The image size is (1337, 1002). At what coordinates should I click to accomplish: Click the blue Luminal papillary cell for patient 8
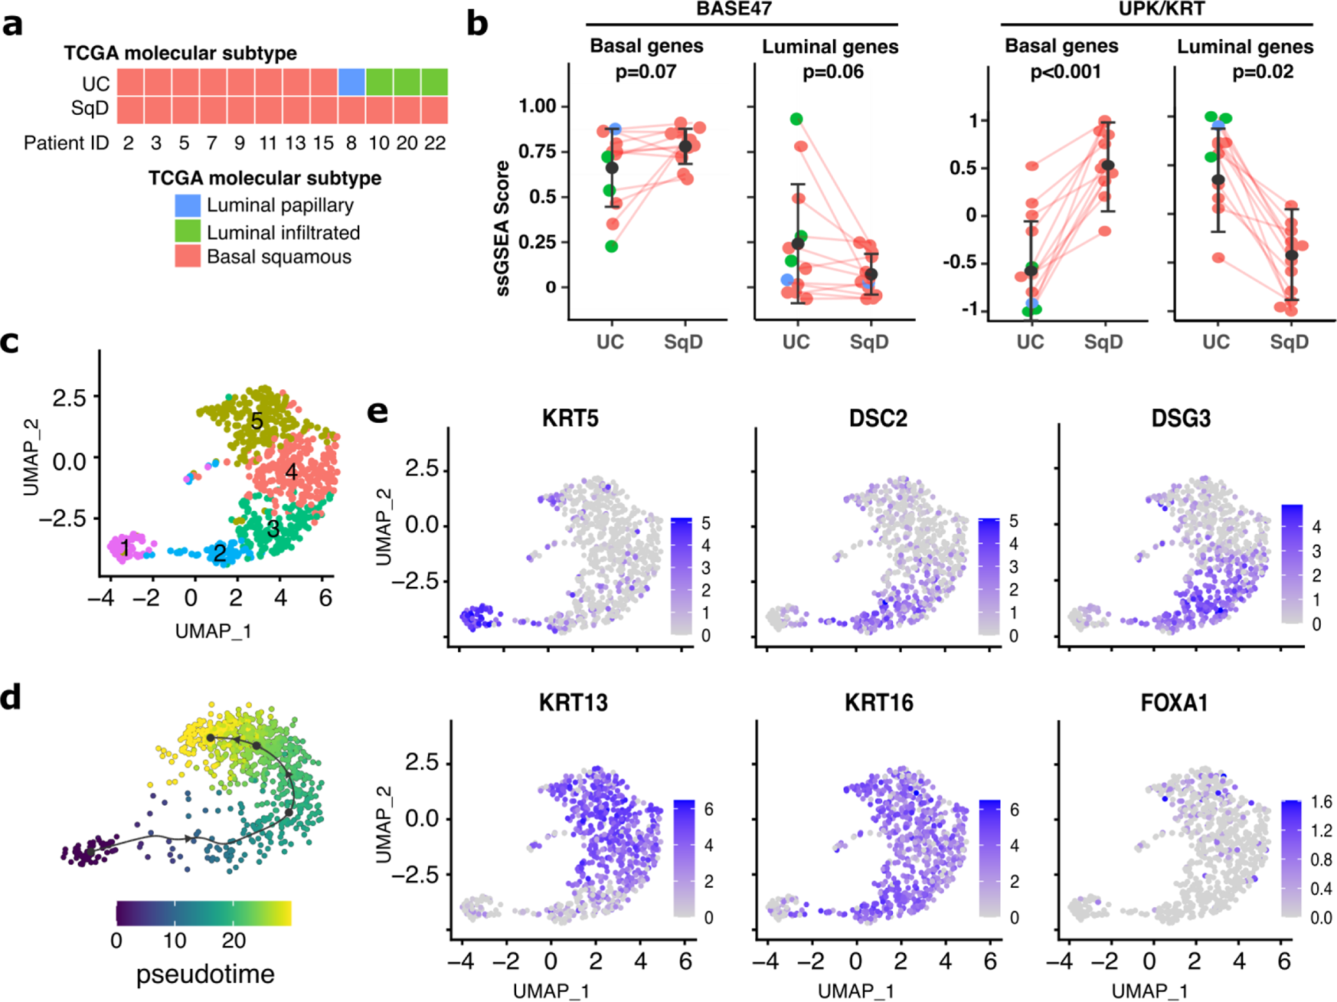click(x=351, y=82)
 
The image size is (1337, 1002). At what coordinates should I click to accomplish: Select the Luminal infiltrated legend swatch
click(x=188, y=231)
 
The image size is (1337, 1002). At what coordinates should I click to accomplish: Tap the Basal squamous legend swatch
click(x=188, y=256)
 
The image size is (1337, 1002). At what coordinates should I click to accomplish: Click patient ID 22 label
click(x=435, y=143)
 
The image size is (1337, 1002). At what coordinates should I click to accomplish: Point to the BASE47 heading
click(x=734, y=9)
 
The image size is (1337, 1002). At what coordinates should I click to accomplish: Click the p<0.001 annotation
click(x=1065, y=72)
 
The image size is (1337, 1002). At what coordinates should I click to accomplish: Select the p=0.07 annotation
click(x=646, y=72)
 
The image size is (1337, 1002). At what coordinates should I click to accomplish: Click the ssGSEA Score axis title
click(x=503, y=228)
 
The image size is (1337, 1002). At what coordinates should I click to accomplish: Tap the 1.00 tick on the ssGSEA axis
click(x=537, y=106)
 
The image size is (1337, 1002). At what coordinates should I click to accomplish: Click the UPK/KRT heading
click(x=1162, y=9)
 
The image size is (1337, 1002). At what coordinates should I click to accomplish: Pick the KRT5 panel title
click(x=570, y=418)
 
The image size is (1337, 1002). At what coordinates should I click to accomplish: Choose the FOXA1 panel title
click(x=1174, y=702)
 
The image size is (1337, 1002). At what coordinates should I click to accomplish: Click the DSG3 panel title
click(x=1181, y=418)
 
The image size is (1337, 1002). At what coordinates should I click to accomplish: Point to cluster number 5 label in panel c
click(x=257, y=421)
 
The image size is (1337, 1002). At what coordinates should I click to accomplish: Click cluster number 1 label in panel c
click(x=124, y=548)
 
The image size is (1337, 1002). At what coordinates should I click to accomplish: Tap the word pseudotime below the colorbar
click(x=205, y=974)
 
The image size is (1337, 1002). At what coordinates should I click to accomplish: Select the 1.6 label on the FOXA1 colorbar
click(x=1321, y=802)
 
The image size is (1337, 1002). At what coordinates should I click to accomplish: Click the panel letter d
click(x=11, y=699)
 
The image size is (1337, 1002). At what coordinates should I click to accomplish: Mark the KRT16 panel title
click(x=878, y=702)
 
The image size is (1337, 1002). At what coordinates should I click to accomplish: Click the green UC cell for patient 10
click(x=379, y=82)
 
